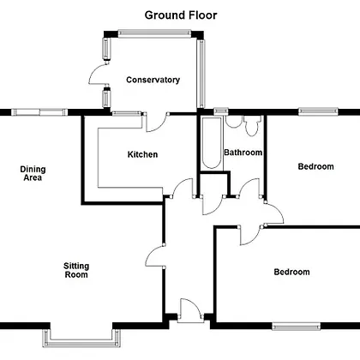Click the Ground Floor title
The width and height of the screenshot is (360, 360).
(x=181, y=15)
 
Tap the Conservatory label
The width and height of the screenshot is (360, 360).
(x=153, y=80)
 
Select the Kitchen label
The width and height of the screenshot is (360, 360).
(x=142, y=154)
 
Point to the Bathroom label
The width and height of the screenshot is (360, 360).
(x=243, y=153)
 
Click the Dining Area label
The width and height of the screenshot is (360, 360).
(x=33, y=173)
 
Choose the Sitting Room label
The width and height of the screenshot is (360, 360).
(x=76, y=270)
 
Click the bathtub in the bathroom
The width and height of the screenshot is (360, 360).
(x=212, y=142)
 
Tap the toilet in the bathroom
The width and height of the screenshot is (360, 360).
(x=252, y=125)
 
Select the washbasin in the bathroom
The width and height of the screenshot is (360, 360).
(x=233, y=122)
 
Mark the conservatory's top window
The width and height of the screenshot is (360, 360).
(x=154, y=33)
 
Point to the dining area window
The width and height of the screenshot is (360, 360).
(x=39, y=112)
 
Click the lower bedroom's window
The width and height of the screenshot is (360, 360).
(x=296, y=327)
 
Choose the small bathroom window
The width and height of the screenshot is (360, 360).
(x=221, y=111)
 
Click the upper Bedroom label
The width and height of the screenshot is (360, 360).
(x=315, y=166)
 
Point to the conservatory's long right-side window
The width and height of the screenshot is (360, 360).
(x=201, y=74)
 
